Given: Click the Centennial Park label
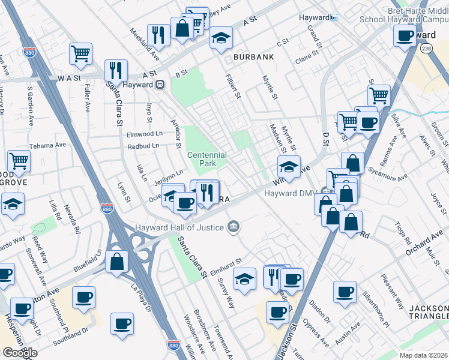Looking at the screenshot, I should coord(207,159).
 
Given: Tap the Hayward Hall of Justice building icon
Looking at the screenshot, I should coord(234,227).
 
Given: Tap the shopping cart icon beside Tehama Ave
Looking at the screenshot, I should coord(19,161).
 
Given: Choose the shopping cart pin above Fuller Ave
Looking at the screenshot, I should coord(80,54).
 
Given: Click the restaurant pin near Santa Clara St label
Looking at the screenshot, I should coord(116,70).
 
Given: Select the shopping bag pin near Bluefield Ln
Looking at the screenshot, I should coord(116,261).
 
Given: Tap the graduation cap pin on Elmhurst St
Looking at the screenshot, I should coord(245,279).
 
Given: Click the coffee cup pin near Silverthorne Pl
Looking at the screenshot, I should coord(345,292).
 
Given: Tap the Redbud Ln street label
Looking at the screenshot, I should coord(143,146).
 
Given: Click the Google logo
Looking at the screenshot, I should coord(19,353).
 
